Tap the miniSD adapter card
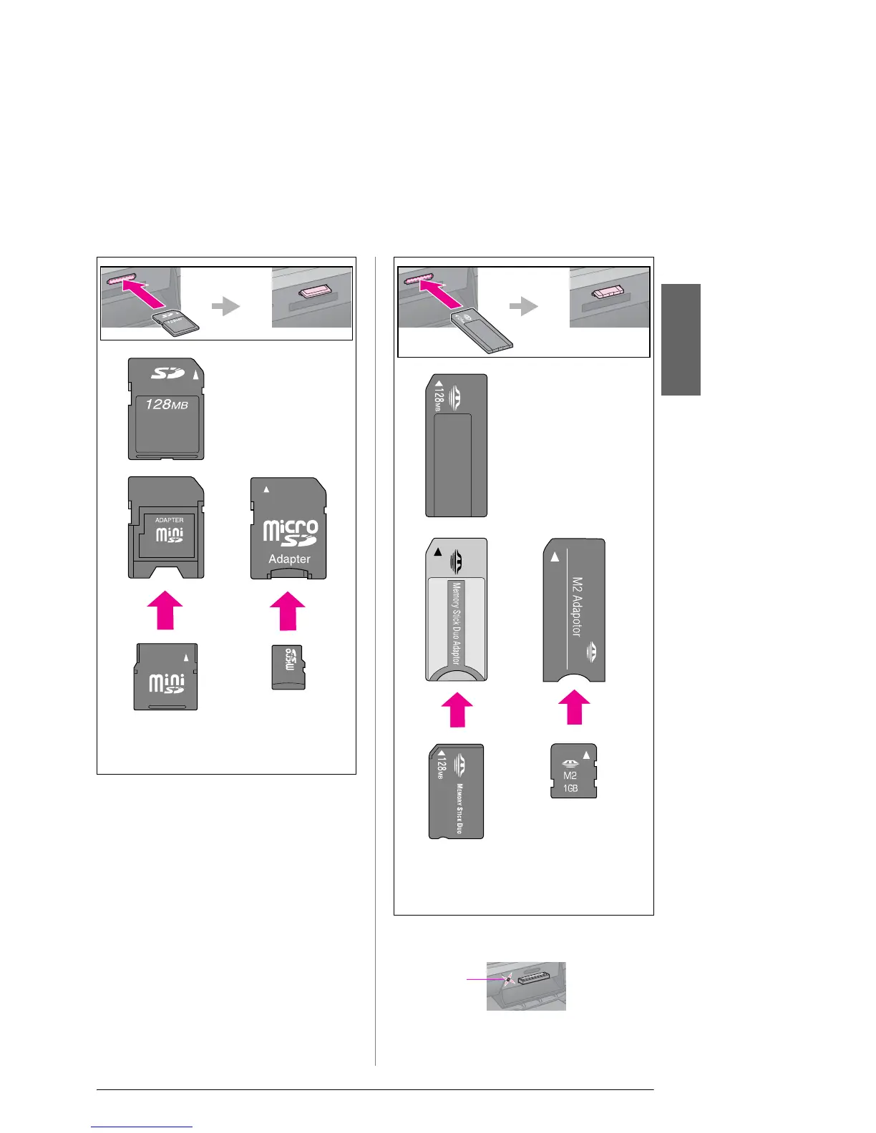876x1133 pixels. pyautogui.click(x=166, y=528)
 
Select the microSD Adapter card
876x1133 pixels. pyautogui.click(x=288, y=528)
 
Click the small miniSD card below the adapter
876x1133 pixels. pyautogui.click(x=166, y=677)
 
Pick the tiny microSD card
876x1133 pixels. pyautogui.click(x=288, y=667)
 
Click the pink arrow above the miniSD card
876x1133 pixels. pyautogui.click(x=165, y=609)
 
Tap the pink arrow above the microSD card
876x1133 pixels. pyautogui.click(x=288, y=610)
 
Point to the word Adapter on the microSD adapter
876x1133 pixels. pyautogui.click(x=289, y=559)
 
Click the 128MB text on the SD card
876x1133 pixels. pyautogui.click(x=167, y=405)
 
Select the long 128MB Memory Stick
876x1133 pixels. pyautogui.click(x=457, y=445)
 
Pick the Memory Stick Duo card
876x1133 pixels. pyautogui.click(x=457, y=791)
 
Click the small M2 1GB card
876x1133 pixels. pyautogui.click(x=573, y=771)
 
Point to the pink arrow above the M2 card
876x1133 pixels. pyautogui.click(x=574, y=707)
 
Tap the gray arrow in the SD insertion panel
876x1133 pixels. pyautogui.click(x=226, y=307)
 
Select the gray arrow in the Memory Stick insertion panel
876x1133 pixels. pyautogui.click(x=523, y=307)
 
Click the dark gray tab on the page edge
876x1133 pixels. pyautogui.click(x=680, y=340)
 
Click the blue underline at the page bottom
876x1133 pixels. pyautogui.click(x=142, y=1127)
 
